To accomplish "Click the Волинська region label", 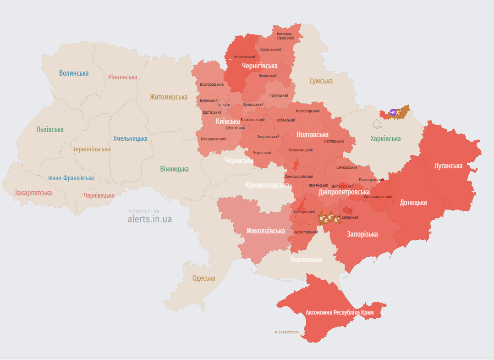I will (74, 73).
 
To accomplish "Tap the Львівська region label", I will (50, 129).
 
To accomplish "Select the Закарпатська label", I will (33, 193).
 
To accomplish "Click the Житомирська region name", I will (169, 97).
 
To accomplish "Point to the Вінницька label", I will (174, 169).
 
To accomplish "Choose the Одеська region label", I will (203, 278).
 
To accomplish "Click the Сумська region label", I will (321, 81).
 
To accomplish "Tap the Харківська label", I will (385, 138).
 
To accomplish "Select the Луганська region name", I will (448, 166).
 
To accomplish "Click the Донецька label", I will (413, 202).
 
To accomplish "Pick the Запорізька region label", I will (362, 234).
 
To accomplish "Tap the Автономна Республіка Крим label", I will (340, 312).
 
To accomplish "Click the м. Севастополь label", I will (287, 332).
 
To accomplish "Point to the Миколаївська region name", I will (266, 231).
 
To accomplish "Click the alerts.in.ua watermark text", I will (150, 219).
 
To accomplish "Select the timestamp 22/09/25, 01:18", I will (143, 211).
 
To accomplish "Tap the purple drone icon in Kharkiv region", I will (393, 112).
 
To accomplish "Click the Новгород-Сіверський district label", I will (285, 36).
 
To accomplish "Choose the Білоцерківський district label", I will (213, 139).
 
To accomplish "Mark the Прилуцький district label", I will (279, 95).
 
